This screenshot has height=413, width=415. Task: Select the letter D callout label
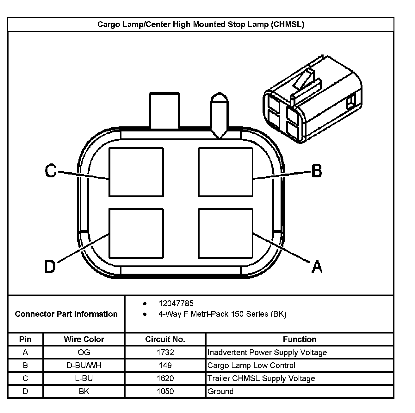50,266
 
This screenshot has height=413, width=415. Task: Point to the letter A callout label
317,266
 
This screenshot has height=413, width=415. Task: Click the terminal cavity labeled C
136,172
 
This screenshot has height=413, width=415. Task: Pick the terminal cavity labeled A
226,233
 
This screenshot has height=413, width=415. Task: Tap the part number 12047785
176,303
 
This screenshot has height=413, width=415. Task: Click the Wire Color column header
84,339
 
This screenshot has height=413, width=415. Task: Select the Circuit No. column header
165,339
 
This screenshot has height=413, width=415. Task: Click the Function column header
299,339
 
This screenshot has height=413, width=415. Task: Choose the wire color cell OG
84,352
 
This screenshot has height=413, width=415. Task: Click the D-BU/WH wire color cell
84,365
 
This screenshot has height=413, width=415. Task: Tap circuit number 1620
165,378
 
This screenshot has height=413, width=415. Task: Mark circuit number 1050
165,391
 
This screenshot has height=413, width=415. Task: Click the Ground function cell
220,391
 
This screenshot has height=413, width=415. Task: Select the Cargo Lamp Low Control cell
251,365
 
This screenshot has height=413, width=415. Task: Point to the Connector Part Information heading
66,314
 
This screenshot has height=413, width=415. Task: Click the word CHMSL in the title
288,24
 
